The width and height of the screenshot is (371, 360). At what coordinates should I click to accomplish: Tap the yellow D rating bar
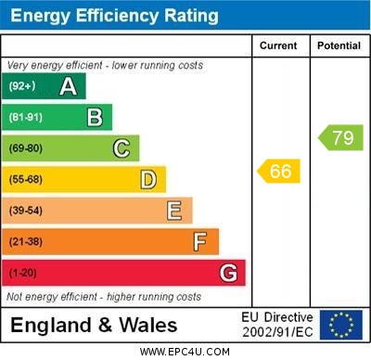[x=84, y=179]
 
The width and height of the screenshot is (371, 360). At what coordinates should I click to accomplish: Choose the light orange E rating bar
[x=97, y=211]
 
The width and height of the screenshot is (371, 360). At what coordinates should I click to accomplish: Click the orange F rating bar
[x=110, y=241]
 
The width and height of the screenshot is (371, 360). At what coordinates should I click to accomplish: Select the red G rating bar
[x=123, y=273]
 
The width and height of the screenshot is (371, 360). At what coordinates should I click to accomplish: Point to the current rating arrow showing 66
[x=279, y=171]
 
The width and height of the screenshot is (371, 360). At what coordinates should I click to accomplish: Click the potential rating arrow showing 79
[x=340, y=138]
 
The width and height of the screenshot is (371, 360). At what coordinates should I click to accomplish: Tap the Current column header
[x=279, y=45]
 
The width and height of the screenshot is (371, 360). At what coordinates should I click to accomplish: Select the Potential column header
[x=339, y=45]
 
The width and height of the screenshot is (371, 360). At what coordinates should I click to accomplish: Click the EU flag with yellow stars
[x=340, y=325]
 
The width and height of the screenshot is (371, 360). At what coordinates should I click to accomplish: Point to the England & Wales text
[x=94, y=325]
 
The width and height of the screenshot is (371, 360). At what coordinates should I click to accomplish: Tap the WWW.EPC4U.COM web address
[x=185, y=352]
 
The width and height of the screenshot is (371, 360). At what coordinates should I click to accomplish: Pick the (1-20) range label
[x=23, y=273]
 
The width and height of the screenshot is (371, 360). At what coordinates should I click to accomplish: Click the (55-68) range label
[x=25, y=179]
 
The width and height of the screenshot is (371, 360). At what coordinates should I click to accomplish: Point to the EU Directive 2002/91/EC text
[x=278, y=325]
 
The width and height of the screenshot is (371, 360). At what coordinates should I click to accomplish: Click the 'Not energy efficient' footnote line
[x=104, y=297]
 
